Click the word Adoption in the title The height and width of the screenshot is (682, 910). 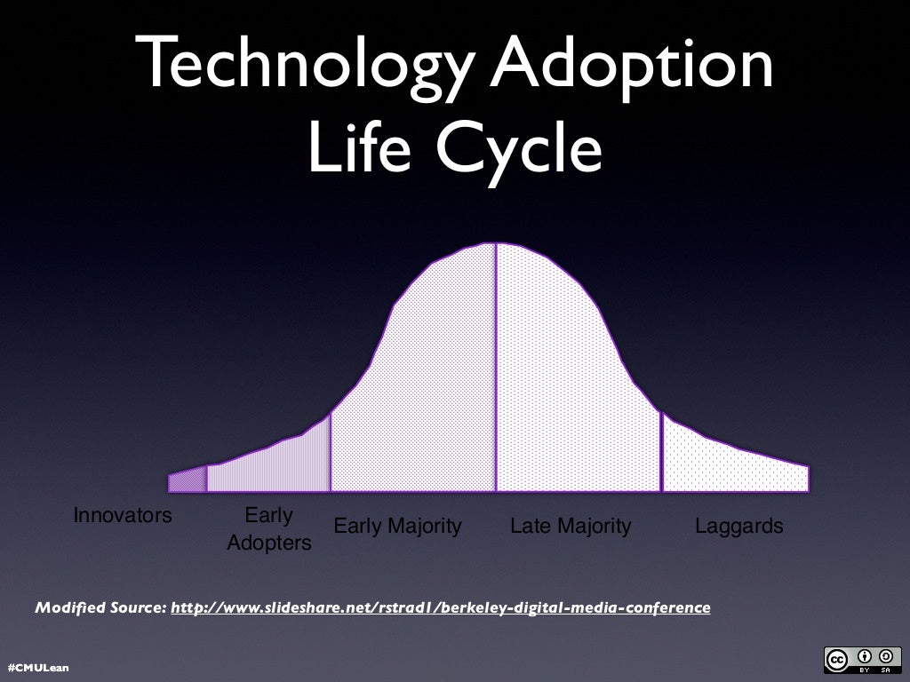click(632, 67)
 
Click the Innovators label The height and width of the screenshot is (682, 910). click(122, 516)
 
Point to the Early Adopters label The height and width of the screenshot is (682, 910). click(268, 529)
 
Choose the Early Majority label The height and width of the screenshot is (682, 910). click(397, 527)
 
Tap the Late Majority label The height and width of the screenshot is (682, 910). click(571, 527)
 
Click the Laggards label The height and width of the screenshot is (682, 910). click(739, 527)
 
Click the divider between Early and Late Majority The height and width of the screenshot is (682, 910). click(496, 373)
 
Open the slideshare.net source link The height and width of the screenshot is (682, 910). click(440, 608)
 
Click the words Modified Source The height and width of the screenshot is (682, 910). click(100, 608)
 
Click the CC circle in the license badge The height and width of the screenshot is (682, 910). click(837, 659)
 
